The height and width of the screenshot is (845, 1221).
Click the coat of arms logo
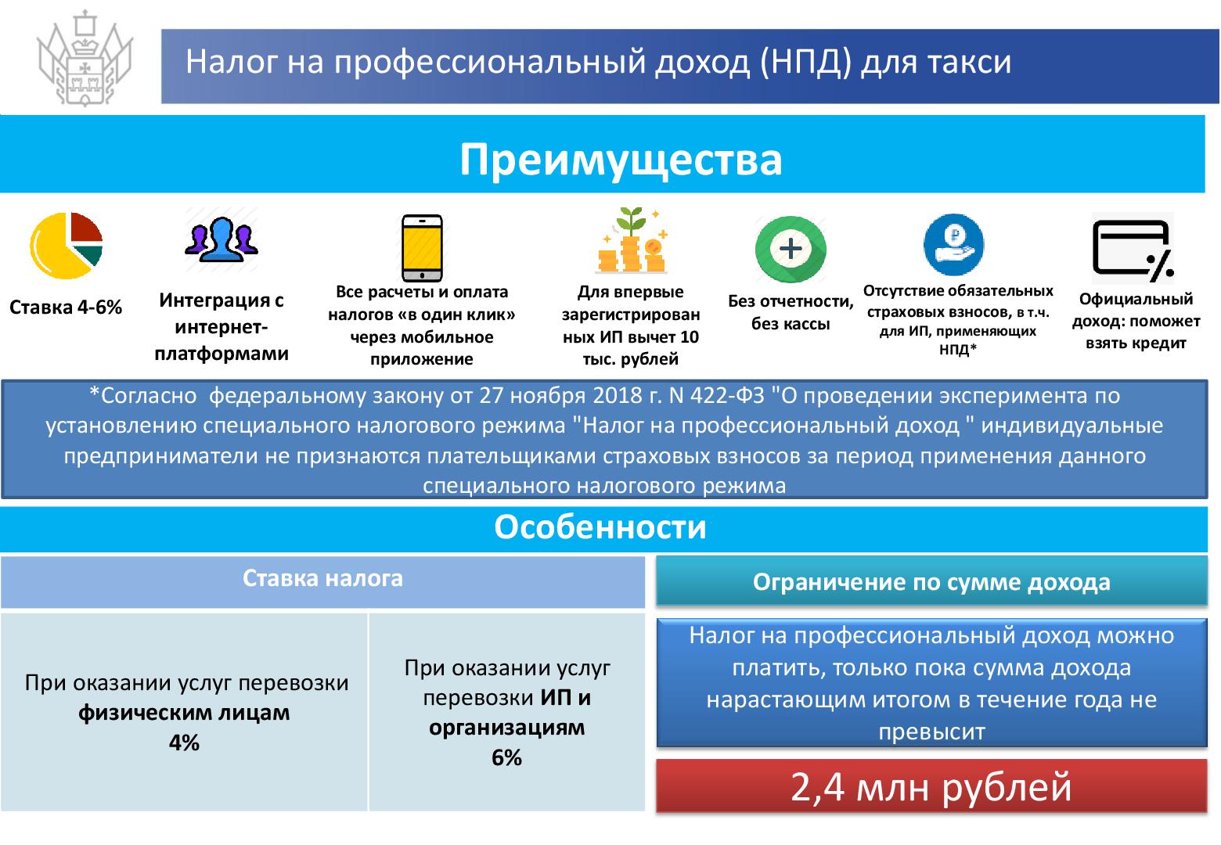[85, 59]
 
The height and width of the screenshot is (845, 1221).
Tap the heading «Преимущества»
[621, 159]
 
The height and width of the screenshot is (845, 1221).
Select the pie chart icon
[66, 246]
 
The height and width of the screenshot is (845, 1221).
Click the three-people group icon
[222, 239]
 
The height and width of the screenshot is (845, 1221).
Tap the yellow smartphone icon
[422, 248]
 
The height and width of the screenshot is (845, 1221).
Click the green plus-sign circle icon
[791, 249]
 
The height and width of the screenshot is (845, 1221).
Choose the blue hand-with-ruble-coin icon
[953, 245]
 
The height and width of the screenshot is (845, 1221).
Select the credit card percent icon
[1133, 250]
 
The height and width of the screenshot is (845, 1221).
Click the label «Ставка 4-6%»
[66, 307]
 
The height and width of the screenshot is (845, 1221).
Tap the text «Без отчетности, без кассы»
[791, 312]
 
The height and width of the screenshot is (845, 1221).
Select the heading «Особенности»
[600, 527]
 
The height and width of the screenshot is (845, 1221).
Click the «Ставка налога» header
[322, 578]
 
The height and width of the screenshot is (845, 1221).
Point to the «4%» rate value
[184, 743]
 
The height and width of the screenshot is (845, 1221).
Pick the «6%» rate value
[507, 758]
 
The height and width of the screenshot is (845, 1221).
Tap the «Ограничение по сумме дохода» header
[931, 582]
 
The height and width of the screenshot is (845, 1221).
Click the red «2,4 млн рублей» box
[931, 786]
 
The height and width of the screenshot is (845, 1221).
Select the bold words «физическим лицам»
[184, 713]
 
